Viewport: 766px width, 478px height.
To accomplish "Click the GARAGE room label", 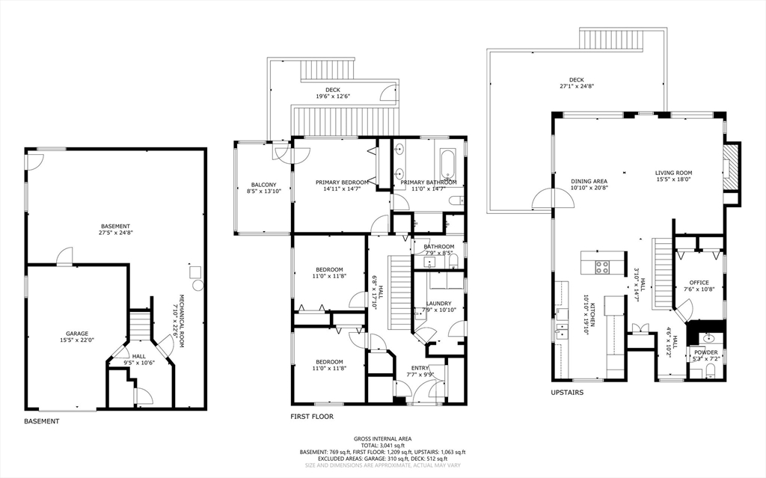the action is tap(77, 334).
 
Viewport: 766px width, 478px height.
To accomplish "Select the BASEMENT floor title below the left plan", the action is tap(42, 421).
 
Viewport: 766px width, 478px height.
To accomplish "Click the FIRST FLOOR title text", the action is tap(312, 417).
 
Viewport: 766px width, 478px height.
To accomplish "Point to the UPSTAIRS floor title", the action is tap(567, 393).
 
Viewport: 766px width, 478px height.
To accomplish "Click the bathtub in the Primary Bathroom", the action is tap(447, 165).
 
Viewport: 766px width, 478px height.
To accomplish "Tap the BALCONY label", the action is tap(264, 185).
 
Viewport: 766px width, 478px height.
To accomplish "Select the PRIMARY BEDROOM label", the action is tap(342, 183).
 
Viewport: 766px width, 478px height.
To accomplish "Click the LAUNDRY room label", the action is tap(438, 304).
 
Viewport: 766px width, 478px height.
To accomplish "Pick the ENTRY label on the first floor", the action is tap(420, 368).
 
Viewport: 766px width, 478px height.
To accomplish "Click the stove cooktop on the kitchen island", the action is tap(602, 267).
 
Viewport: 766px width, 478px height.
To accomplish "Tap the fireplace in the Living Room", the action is tap(731, 168).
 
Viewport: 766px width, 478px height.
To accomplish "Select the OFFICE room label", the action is tap(699, 283).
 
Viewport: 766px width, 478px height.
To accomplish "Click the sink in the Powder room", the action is tap(707, 338).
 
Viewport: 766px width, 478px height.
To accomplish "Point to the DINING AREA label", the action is tap(589, 181).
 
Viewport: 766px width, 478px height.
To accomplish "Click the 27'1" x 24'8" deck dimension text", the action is tap(577, 86).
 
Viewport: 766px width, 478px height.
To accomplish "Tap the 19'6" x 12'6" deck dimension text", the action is tap(333, 96).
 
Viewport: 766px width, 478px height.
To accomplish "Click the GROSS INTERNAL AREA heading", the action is tap(382, 439).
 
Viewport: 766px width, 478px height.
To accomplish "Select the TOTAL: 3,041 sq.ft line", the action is tap(382, 446).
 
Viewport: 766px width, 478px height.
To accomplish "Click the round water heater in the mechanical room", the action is tap(197, 285).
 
